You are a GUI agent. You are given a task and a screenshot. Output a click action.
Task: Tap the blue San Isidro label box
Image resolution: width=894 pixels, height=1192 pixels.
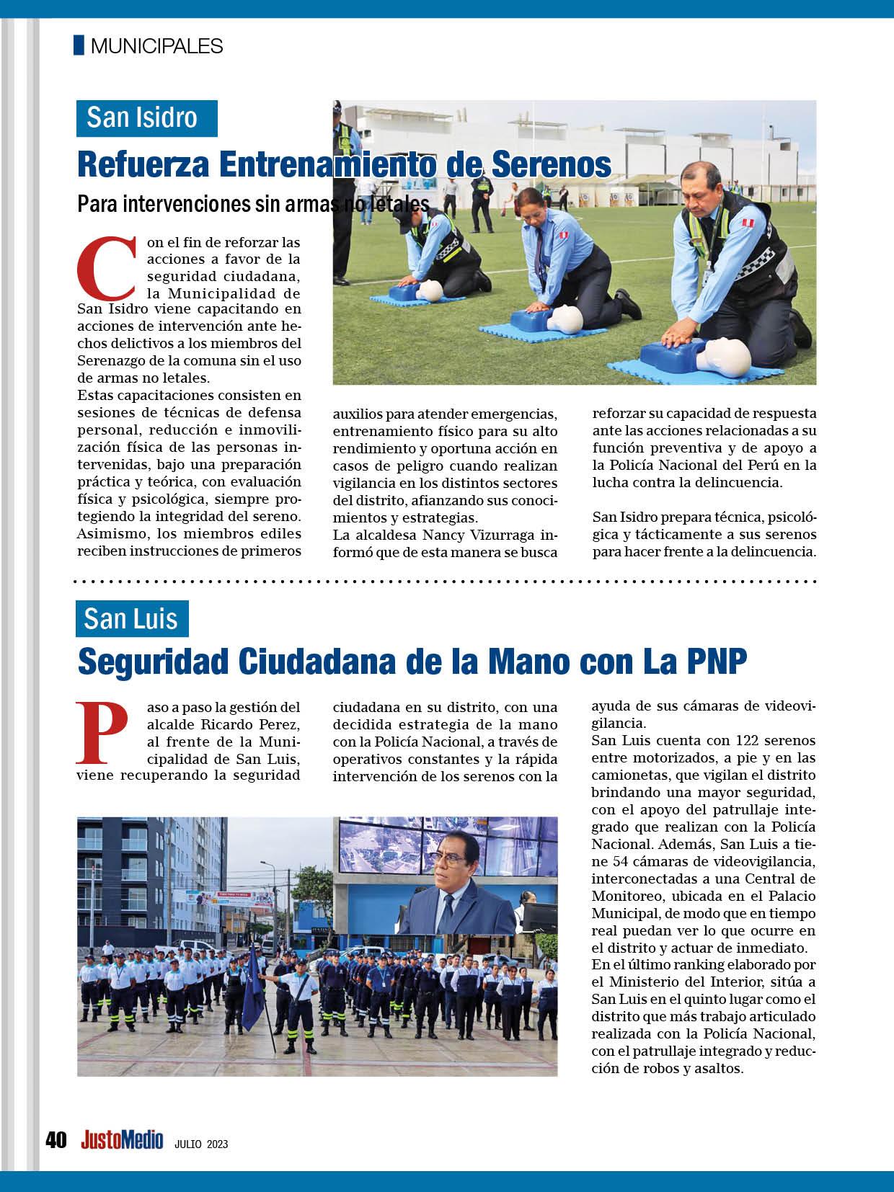click(x=146, y=117)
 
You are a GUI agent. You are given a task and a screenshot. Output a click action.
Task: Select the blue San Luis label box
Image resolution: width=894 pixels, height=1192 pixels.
click(x=132, y=618)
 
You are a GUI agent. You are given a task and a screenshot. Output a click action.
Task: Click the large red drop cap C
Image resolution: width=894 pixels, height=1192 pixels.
click(x=106, y=269)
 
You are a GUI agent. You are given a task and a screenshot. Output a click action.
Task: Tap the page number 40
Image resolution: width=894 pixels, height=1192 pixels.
click(x=56, y=1140)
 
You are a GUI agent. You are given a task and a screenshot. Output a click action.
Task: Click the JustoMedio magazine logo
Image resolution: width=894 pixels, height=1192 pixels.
click(x=122, y=1140)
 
